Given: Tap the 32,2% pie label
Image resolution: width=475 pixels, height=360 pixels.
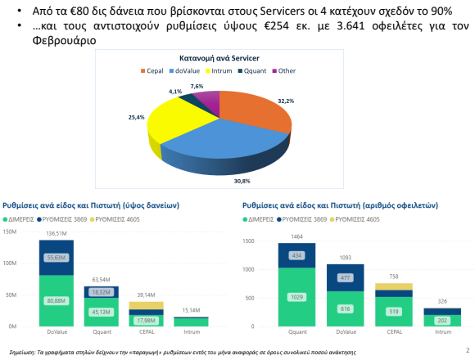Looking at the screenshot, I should [285, 101].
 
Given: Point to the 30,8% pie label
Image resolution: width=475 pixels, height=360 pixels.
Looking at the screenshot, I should [242, 180].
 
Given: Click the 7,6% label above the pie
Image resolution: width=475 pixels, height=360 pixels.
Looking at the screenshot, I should [197, 86].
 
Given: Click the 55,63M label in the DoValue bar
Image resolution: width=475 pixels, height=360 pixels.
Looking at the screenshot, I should [56, 257].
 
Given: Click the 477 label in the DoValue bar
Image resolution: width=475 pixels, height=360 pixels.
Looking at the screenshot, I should [345, 277].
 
